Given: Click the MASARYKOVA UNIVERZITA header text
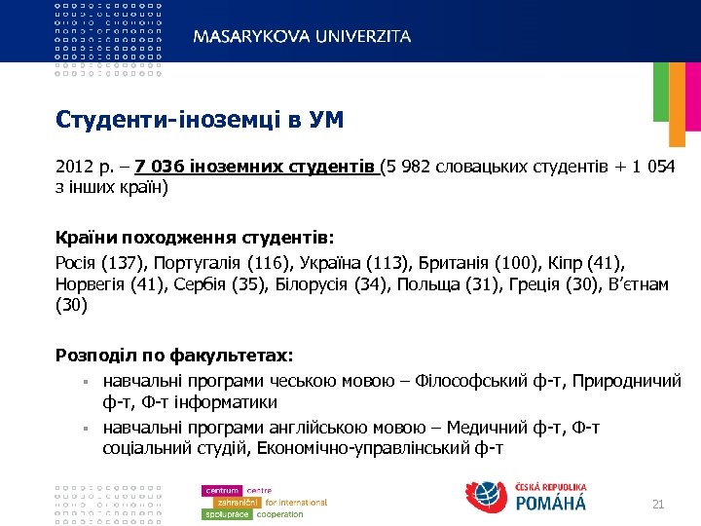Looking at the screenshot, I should (x=302, y=36).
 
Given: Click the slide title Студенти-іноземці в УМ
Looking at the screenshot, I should (x=201, y=120).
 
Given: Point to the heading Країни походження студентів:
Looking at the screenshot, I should (x=195, y=238).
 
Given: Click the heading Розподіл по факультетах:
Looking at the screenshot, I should (x=174, y=357).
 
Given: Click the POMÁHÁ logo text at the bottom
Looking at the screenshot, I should (x=551, y=503).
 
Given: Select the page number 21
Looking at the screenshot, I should (x=657, y=504).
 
